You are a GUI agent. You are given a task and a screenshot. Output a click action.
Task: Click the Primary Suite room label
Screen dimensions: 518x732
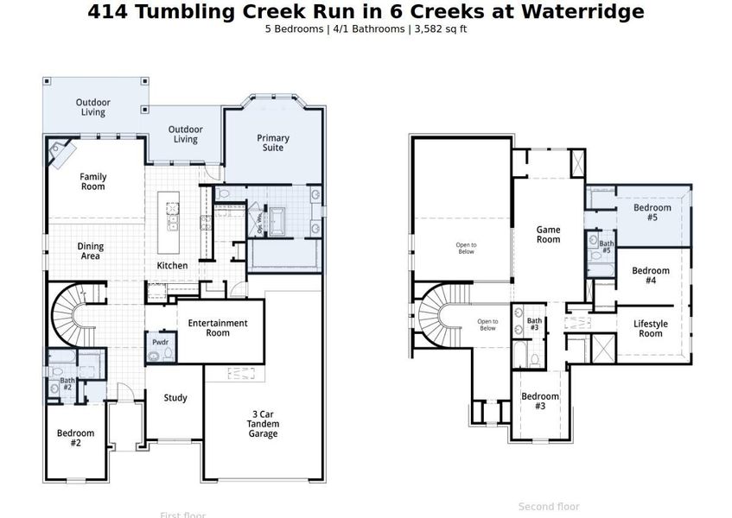273,142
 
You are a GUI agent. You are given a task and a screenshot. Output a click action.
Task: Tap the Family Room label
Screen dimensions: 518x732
93,181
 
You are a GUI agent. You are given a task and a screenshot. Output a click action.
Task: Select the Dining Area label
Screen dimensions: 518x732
91,251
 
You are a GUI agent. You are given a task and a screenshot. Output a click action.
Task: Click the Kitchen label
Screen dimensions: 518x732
172,266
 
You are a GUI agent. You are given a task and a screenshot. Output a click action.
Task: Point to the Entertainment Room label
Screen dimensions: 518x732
218,328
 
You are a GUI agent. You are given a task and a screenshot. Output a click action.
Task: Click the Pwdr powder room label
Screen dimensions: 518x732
160,343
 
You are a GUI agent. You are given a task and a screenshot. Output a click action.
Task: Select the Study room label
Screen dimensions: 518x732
175,398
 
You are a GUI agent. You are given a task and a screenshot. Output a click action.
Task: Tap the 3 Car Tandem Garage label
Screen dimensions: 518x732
264,424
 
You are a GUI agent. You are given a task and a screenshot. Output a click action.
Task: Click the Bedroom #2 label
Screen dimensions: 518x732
75,438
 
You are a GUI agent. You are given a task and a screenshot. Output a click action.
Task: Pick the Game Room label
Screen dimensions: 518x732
549,235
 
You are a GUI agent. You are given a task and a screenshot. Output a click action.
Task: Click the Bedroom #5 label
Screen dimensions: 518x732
652,213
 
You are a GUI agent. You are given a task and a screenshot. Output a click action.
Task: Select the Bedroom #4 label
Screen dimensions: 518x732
650,276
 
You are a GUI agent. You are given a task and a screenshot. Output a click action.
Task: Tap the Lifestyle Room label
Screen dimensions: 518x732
651,329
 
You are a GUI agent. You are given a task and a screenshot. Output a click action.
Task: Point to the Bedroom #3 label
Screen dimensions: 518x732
540,401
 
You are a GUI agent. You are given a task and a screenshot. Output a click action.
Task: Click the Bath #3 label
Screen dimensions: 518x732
534,325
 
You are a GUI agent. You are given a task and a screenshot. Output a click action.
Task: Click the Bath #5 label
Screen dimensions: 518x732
607,247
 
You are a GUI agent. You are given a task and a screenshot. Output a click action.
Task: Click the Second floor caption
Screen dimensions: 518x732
549,507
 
